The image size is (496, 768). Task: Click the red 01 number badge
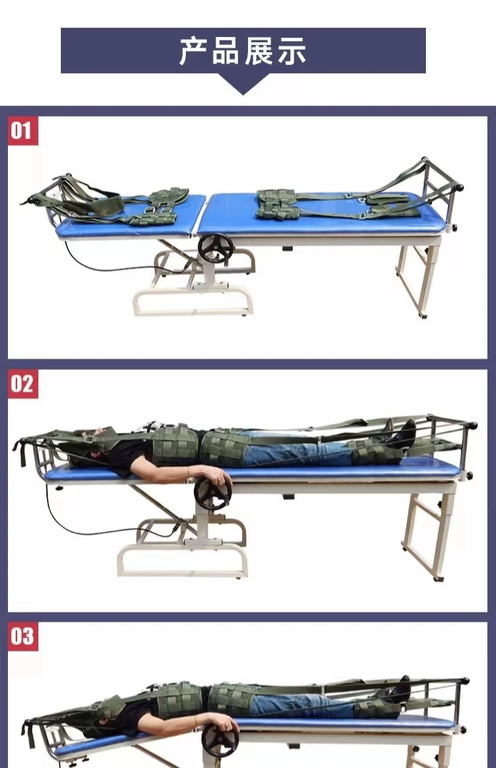pyautogui.click(x=22, y=131)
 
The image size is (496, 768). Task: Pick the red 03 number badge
pyautogui.click(x=22, y=636)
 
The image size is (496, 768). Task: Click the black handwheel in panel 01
pyautogui.click(x=216, y=249)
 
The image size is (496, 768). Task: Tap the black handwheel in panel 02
pyautogui.click(x=212, y=493)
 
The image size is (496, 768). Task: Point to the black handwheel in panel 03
pyautogui.click(x=220, y=740)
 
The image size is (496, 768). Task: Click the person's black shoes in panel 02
pyautogui.click(x=401, y=434)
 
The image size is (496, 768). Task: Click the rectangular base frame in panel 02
pyautogui.click(x=183, y=562)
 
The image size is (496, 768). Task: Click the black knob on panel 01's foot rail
pyautogui.click(x=460, y=187)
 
